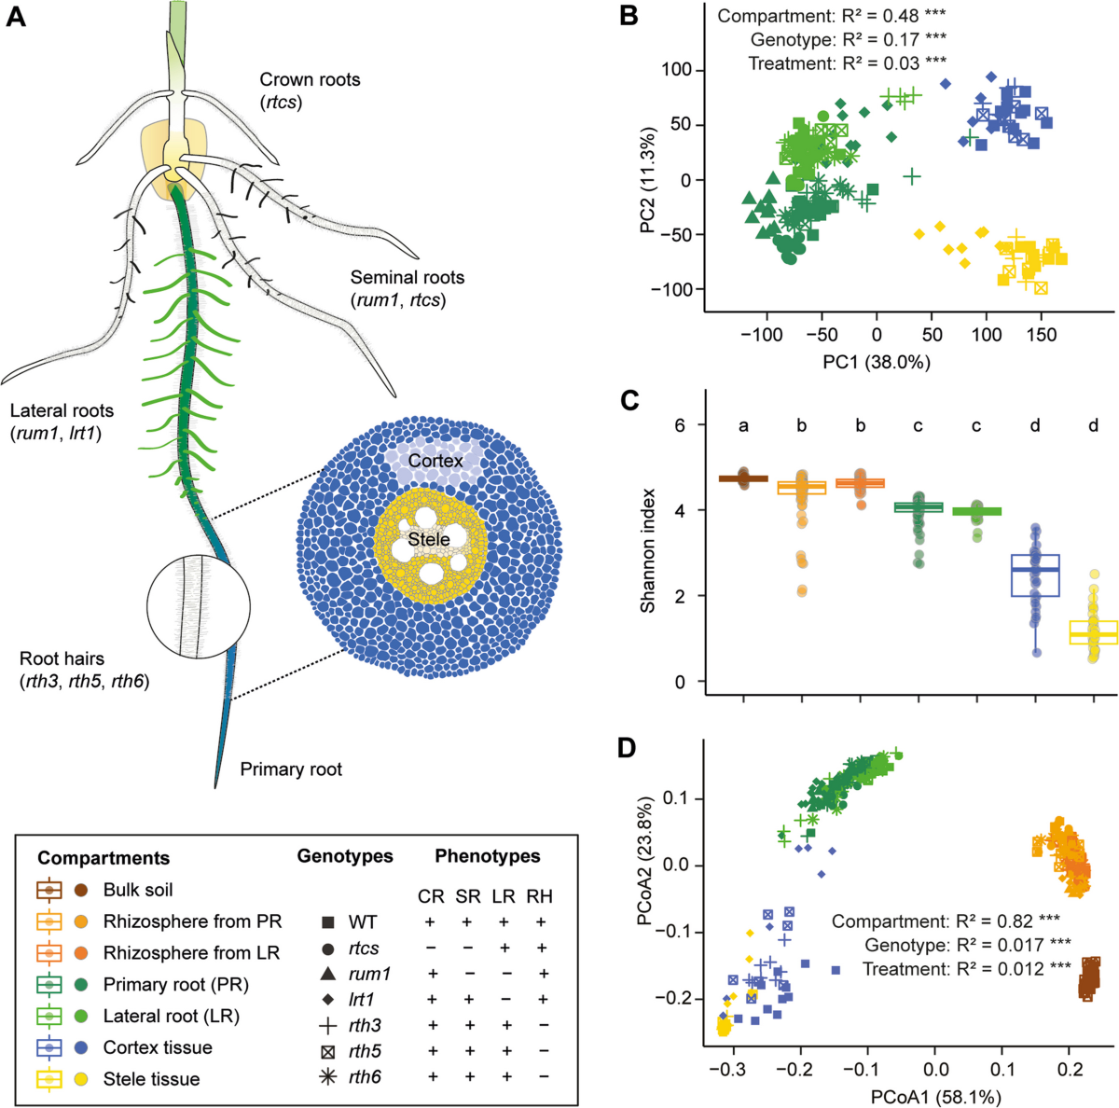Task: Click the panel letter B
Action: pos(629,17)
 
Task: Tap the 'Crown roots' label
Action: pos(310,80)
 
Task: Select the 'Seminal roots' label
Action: pos(407,277)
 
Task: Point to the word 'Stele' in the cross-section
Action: pos(429,539)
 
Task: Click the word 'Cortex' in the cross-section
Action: pos(435,461)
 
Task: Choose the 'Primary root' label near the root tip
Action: pos(291,769)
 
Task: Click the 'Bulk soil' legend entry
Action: pos(138,890)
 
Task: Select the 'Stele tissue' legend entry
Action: pos(151,1079)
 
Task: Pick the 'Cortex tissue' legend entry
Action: pos(158,1047)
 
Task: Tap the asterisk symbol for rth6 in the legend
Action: pos(328,1077)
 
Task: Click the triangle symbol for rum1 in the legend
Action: pos(328,974)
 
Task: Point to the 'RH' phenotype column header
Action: pos(539,896)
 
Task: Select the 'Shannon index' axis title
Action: pos(648,550)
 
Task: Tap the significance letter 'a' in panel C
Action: pos(743,426)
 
